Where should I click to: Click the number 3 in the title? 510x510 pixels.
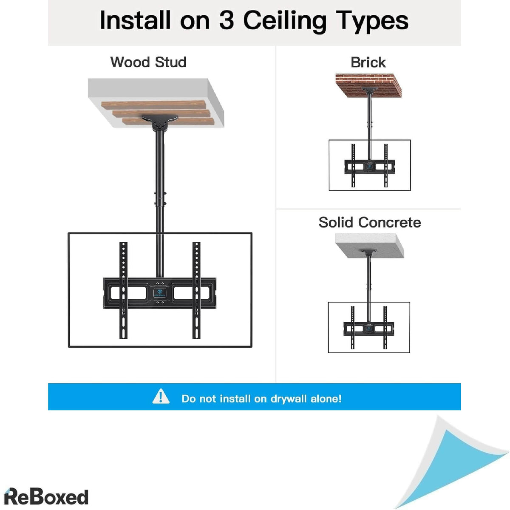coord(226,20)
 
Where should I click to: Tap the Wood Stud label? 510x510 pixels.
coord(148,62)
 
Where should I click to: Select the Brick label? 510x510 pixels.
coord(368,62)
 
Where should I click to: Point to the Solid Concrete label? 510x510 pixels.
coord(370,222)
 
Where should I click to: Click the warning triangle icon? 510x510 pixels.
coord(161,397)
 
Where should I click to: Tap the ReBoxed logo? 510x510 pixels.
coord(46,497)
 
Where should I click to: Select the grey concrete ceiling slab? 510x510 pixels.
coord(369,244)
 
